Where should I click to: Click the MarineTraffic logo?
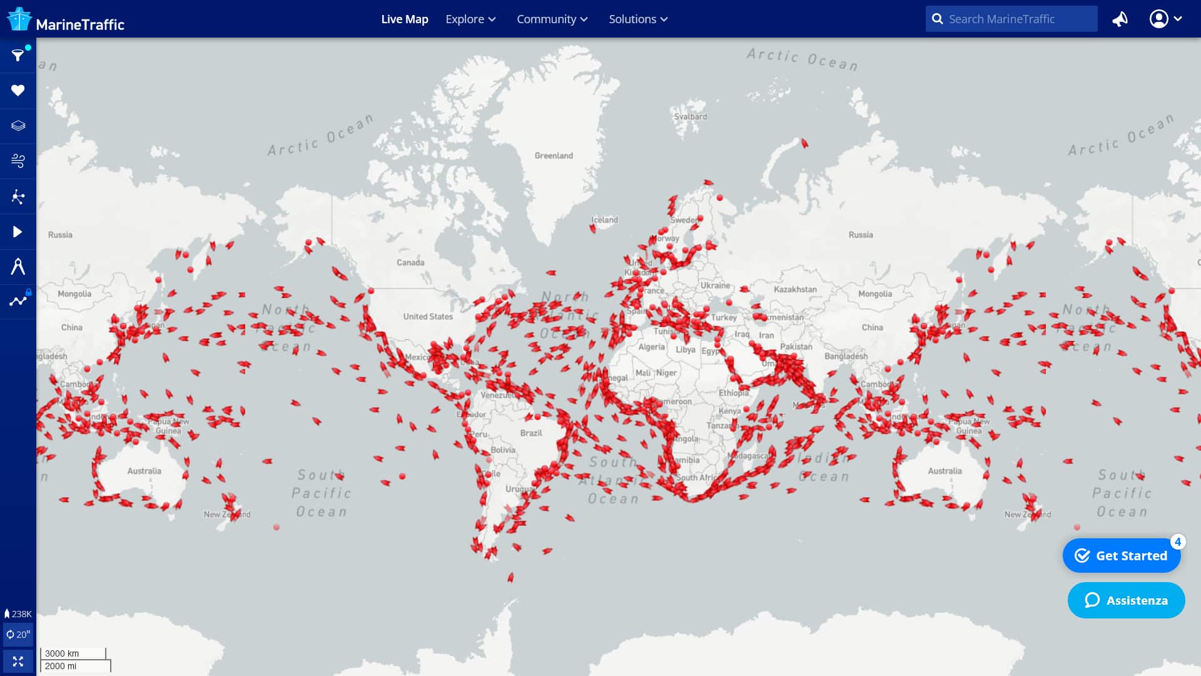click(x=66, y=20)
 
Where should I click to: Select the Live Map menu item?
click(x=405, y=19)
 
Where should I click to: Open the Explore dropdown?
click(x=470, y=19)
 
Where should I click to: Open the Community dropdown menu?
click(x=552, y=19)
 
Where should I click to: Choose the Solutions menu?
click(x=638, y=19)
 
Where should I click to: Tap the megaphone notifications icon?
click(x=1120, y=19)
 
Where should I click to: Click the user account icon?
click(x=1159, y=19)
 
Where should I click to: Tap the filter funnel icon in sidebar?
click(x=18, y=56)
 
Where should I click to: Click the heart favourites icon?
click(x=18, y=91)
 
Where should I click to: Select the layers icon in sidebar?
click(x=18, y=126)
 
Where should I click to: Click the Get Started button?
click(x=1122, y=556)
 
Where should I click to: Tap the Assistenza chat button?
click(x=1126, y=601)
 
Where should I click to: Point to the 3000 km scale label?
click(x=62, y=653)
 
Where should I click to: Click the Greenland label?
click(x=554, y=156)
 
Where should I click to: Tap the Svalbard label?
click(x=691, y=117)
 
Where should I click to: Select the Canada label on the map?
click(x=410, y=263)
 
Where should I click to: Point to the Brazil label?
click(x=531, y=433)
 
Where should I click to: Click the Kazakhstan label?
click(x=795, y=290)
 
